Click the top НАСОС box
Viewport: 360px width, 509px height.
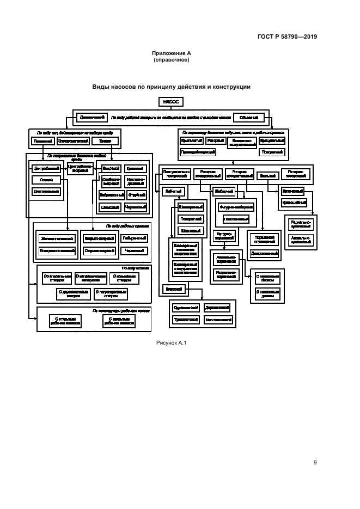170,101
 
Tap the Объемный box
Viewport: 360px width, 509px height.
249,117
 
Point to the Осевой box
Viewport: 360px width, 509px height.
46,180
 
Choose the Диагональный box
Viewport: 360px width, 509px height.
46,192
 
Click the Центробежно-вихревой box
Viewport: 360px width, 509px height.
80,168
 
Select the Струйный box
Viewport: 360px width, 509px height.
136,193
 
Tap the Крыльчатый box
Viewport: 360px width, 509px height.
192,140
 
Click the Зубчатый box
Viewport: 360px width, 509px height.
173,191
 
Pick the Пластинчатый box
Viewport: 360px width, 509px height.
236,219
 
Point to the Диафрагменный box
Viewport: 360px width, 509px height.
264,253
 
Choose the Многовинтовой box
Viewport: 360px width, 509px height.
217,321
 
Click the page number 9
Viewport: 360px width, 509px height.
315,463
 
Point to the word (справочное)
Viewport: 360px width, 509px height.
172,59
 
